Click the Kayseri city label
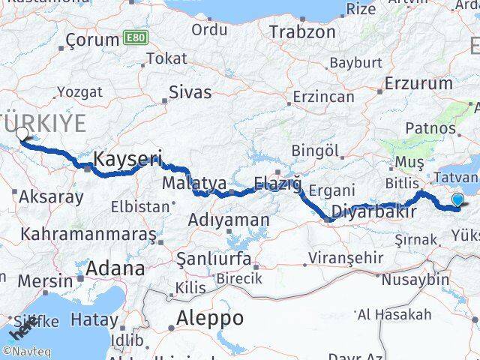point(128,159)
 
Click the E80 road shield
point(136,38)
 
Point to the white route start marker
point(22,133)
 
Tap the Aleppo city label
point(209,318)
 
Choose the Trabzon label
point(302,32)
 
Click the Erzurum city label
point(418,82)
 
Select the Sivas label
point(190,93)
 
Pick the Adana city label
point(115,268)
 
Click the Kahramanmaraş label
point(88,234)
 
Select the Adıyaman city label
point(228,220)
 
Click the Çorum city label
point(92,40)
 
